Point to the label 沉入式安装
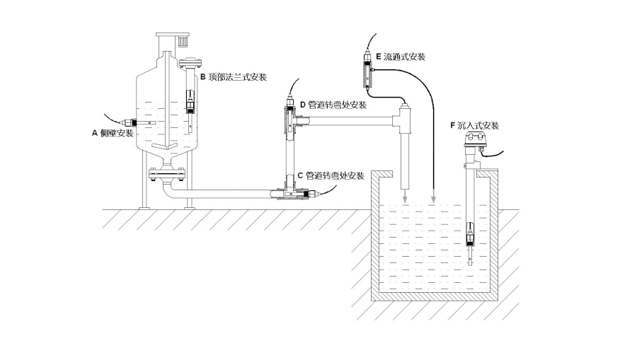tap(478, 125)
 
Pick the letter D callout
tap(302, 105)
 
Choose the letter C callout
tap(300, 175)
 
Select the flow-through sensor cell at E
tap(367, 71)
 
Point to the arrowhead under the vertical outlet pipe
tap(405, 201)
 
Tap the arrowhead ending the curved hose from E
tap(433, 201)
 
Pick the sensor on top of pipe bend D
tap(291, 98)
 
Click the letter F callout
tap(452, 125)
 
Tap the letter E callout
tap(379, 55)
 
